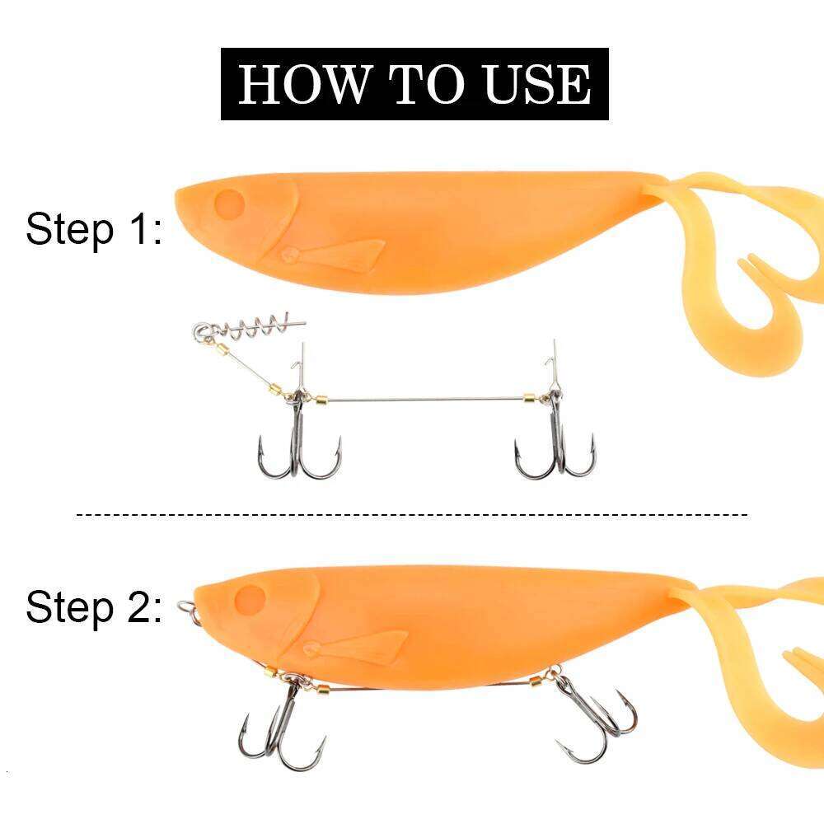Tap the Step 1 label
click(93, 229)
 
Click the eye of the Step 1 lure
click(229, 202)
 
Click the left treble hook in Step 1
click(299, 449)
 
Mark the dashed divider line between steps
click(412, 515)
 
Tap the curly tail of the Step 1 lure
click(742, 272)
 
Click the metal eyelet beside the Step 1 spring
click(203, 333)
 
